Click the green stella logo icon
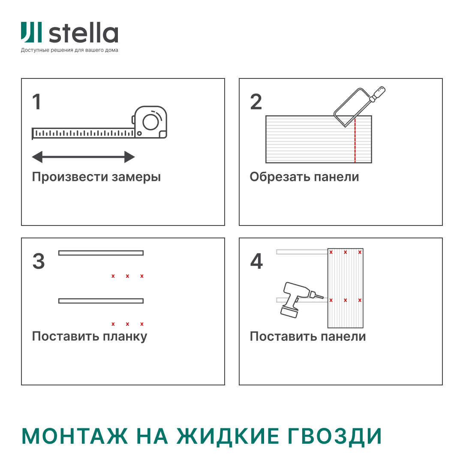pyautogui.click(x=31, y=32)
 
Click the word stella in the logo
pyautogui.click(x=83, y=33)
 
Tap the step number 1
pyautogui.click(x=37, y=102)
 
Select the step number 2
pyautogui.click(x=256, y=102)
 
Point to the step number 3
pyautogui.click(x=39, y=262)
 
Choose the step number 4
pyautogui.click(x=256, y=262)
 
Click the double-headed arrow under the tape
pyautogui.click(x=84, y=157)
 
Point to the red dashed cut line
pyautogui.click(x=355, y=141)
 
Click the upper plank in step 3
pyautogui.click(x=101, y=253)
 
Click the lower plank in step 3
pyautogui.click(x=101, y=301)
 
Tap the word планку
pyautogui.click(x=125, y=337)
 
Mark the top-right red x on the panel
pyautogui.click(x=360, y=253)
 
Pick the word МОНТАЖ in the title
pyautogui.click(x=75, y=436)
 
